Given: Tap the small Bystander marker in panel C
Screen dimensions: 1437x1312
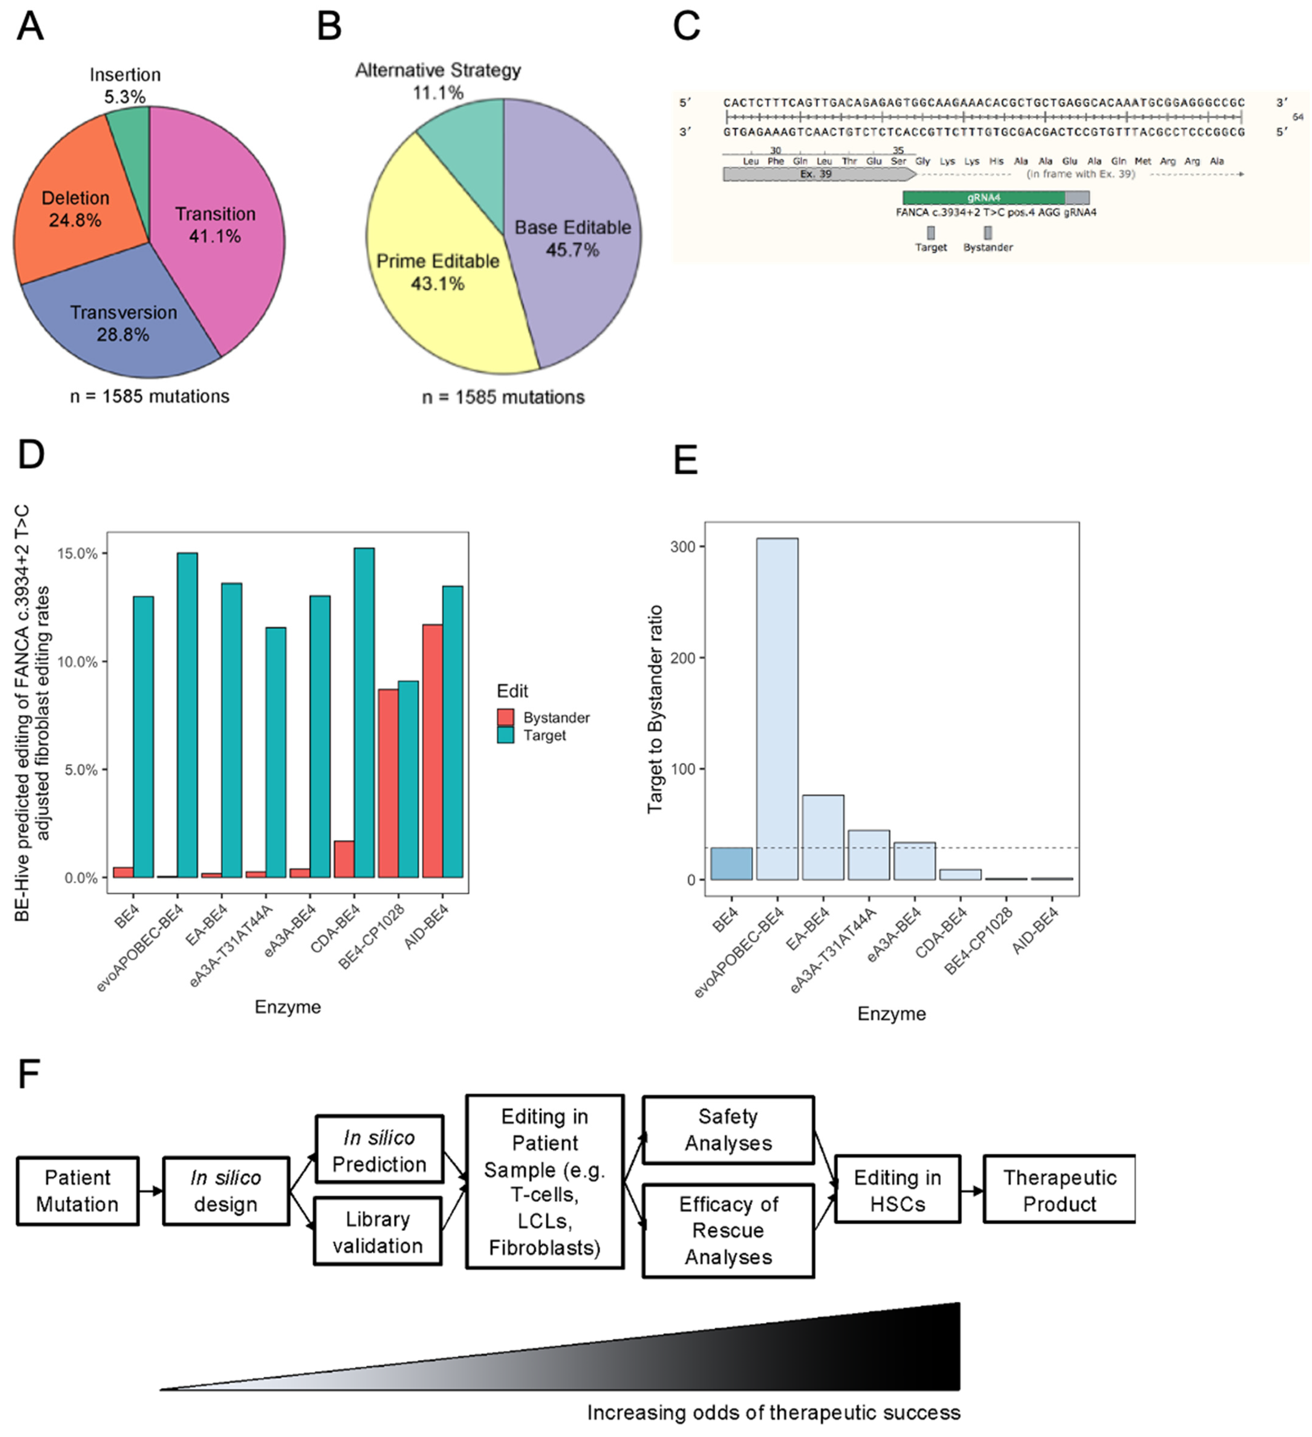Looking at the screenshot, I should [988, 232].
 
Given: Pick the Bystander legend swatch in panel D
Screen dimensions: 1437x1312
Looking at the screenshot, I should [506, 717].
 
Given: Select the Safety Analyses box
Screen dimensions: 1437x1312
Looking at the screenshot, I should [728, 1130].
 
